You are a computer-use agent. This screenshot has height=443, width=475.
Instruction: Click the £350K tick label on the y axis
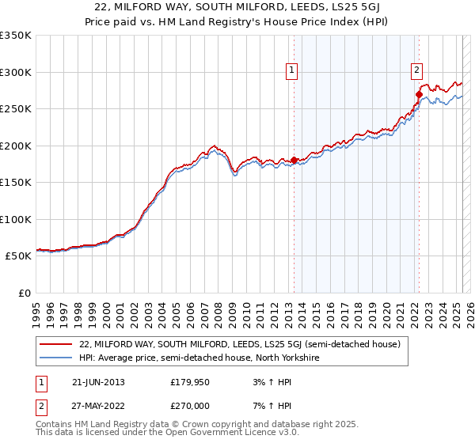15,36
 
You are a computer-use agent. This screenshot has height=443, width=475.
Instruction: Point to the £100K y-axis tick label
15,219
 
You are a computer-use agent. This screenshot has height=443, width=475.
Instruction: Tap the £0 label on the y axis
23,293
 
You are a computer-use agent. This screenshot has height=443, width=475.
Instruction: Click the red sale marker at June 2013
294,161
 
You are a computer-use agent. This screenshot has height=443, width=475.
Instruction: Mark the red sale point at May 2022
419,94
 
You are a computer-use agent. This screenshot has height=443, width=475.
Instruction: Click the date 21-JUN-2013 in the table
97,382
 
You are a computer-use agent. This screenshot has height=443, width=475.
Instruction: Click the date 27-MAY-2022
98,406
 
